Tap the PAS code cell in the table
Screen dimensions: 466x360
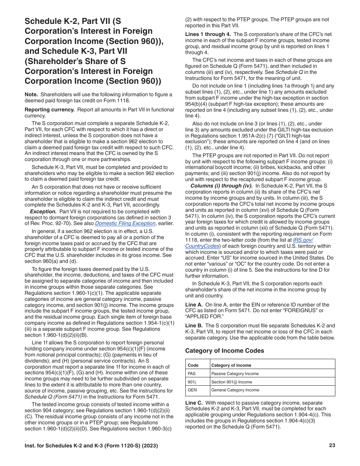[x=192, y=374]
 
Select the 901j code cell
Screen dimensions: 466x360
[x=192, y=382]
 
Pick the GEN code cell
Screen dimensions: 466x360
[x=192, y=390]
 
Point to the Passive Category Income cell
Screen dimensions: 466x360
[x=235, y=374]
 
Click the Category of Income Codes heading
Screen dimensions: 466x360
[x=224, y=351]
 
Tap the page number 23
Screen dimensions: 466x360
[x=332, y=446]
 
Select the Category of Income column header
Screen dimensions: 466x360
[x=231, y=365]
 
